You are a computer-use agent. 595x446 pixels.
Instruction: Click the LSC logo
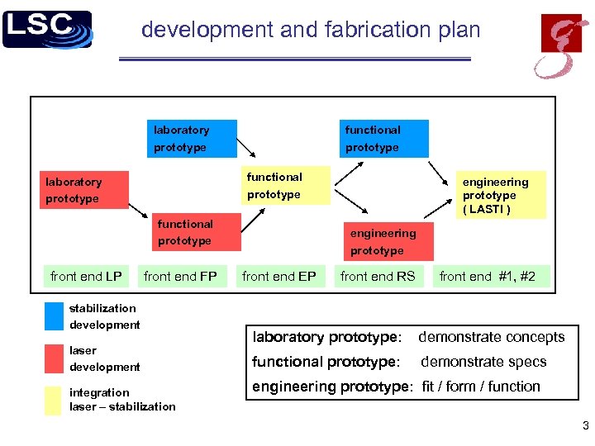coord(47,30)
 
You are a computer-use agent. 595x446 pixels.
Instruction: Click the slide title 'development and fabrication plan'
coord(311,31)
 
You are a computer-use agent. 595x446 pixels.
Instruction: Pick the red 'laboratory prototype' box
coord(84,190)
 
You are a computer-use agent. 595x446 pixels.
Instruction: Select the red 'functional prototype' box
coord(198,232)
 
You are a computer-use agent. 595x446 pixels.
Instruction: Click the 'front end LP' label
coord(86,277)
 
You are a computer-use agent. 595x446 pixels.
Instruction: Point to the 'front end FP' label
coord(180,277)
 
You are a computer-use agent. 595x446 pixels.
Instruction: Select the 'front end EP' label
coord(279,277)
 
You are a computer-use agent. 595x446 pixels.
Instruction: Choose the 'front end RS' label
coord(378,277)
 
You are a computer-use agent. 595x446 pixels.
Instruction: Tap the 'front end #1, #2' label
coord(488,277)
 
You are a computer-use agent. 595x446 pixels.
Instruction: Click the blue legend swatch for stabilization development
coord(54,316)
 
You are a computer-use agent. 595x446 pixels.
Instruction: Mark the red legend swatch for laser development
coord(54,358)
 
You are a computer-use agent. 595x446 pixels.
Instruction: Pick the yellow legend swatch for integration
coord(54,400)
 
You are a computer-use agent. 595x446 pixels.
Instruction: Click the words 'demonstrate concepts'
coord(492,337)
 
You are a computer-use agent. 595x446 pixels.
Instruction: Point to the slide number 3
coord(585,427)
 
